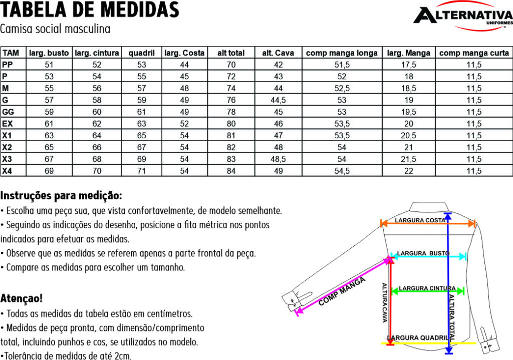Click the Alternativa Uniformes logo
coord(462,18)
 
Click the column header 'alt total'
coord(230,53)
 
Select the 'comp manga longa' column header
coord(342,53)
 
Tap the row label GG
coord(8,112)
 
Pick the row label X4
coord(7,171)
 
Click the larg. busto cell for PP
coord(49,65)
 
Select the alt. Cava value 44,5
coord(279,100)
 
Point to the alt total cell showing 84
coord(230,171)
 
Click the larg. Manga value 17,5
coord(408,65)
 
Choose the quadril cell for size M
coord(142,88)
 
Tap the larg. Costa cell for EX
coord(184,124)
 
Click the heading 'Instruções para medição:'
coord(62,195)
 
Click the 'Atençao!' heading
coord(22,298)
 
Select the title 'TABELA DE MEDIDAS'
coord(90,10)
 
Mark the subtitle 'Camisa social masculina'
coord(55,29)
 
